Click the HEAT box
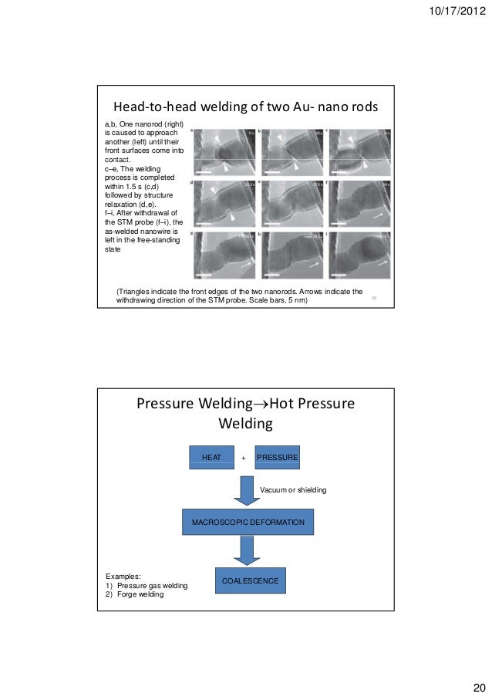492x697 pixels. point(211,458)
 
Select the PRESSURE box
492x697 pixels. point(277,458)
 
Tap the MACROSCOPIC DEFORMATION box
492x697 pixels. point(248,523)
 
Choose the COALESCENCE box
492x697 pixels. point(251,580)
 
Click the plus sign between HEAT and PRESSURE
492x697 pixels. point(244,458)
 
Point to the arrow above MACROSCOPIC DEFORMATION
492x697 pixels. point(248,490)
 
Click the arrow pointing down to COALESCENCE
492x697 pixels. point(248,550)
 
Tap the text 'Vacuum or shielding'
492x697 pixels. point(293,489)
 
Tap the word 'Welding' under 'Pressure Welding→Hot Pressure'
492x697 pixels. point(246,424)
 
